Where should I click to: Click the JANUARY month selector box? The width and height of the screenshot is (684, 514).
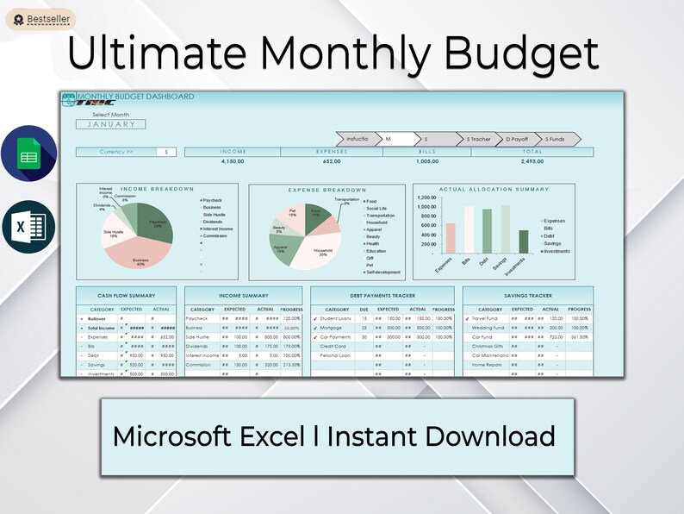[x=111, y=124]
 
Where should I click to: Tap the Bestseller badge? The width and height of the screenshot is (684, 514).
[x=40, y=18]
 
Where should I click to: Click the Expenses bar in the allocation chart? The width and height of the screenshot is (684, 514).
[x=451, y=238]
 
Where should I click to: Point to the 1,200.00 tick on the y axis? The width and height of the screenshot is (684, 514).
[x=426, y=197]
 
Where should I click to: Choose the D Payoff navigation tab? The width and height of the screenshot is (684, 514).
[x=519, y=139]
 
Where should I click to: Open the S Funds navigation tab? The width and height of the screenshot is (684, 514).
[x=555, y=139]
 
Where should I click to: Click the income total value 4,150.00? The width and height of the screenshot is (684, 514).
[x=233, y=161]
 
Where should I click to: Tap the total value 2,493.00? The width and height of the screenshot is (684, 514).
[x=532, y=161]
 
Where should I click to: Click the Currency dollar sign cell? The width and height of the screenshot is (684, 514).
[x=166, y=152]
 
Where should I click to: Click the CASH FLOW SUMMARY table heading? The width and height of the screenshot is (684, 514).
[x=126, y=295]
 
